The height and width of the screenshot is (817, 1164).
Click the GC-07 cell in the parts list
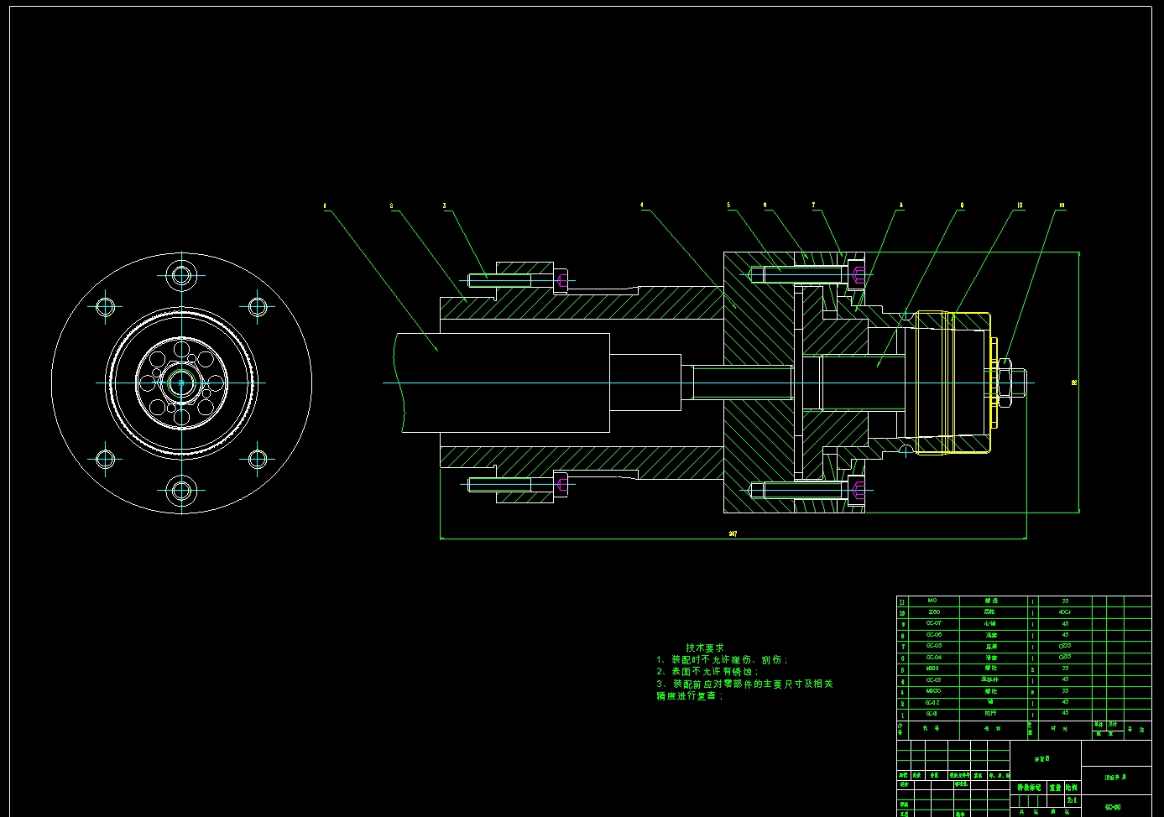coord(933,623)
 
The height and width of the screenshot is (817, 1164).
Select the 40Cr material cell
coord(1065,612)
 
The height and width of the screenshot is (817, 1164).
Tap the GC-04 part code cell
coord(933,658)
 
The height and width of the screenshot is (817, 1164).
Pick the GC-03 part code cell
coord(933,680)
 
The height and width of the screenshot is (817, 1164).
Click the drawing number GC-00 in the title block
coord(1113,807)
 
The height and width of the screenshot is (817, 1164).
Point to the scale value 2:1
coord(1072,800)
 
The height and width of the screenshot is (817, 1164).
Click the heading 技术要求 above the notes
coord(704,648)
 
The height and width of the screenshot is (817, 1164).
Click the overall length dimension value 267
coord(733,533)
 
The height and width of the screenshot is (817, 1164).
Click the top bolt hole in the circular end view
coord(181,274)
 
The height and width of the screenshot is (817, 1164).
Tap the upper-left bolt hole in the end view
coord(105,307)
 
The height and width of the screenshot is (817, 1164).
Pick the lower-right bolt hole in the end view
coord(258,459)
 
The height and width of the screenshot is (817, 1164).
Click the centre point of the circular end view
coord(181,383)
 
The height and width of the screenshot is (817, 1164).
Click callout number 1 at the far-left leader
coord(325,205)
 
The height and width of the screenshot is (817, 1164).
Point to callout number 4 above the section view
coord(642,205)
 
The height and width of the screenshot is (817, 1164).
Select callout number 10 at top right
coord(1020,206)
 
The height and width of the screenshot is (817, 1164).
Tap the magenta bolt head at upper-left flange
coord(561,279)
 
